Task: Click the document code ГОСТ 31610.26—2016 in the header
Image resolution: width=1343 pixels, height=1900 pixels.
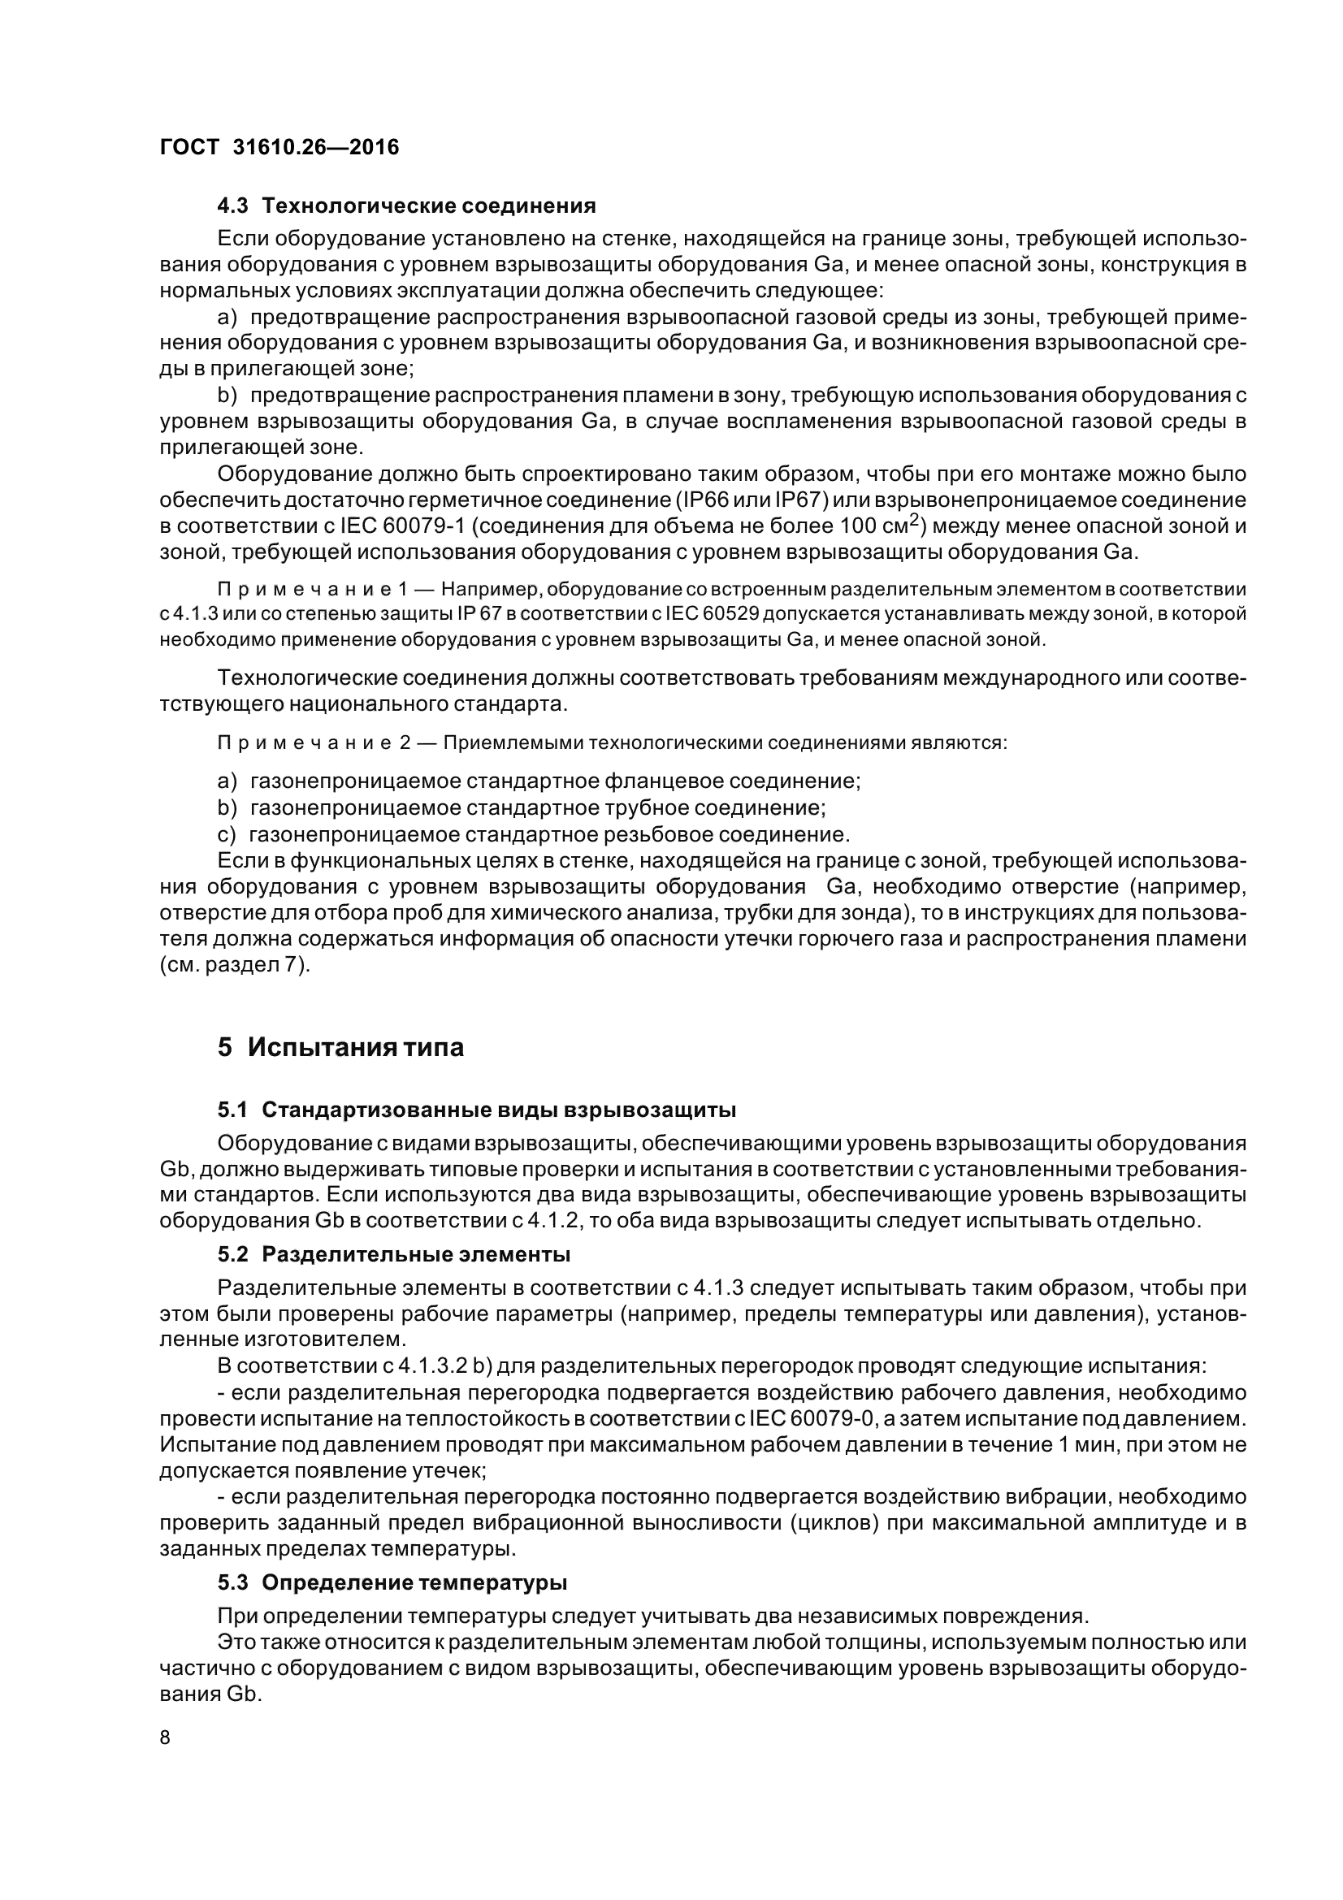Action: [x=279, y=147]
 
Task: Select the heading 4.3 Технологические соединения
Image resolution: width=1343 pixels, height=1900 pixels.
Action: [x=406, y=206]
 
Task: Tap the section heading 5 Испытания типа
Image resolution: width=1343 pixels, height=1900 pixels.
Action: [x=341, y=1048]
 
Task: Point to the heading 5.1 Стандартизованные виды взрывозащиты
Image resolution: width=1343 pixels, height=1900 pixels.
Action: [x=477, y=1109]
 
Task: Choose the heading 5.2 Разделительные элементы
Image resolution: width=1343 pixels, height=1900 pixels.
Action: [x=394, y=1254]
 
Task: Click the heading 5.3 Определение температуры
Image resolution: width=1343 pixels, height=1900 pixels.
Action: [x=392, y=1583]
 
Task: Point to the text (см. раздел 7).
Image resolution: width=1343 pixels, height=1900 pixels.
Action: [x=234, y=966]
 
